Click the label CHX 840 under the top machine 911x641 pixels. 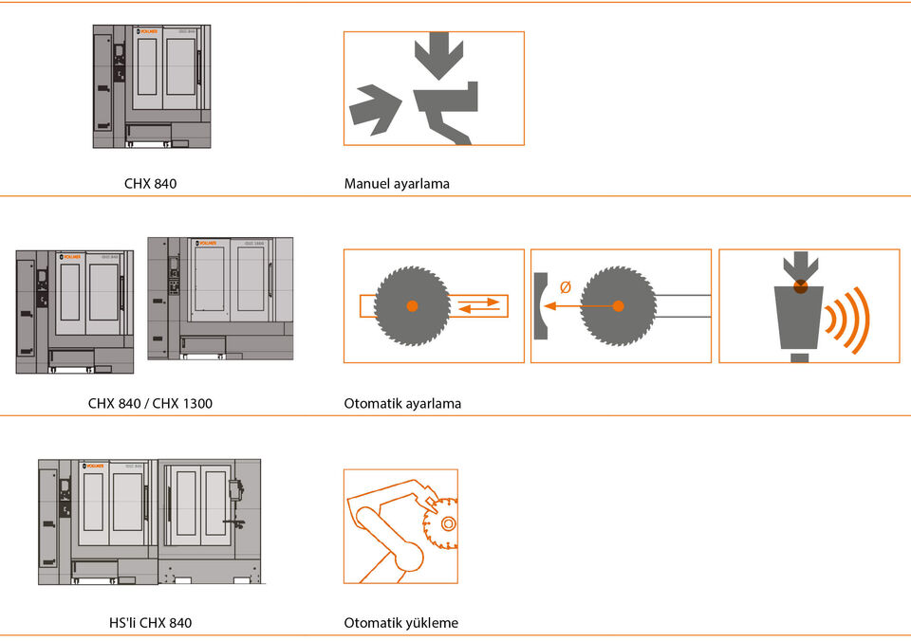point(150,183)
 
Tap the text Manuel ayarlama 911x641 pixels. point(397,183)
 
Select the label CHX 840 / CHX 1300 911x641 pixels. point(150,403)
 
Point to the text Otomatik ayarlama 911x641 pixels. point(402,403)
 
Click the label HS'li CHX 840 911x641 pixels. point(150,623)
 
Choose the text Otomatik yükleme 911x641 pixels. point(400,623)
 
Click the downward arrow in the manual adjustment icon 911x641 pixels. point(438,55)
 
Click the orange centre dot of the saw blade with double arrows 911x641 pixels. point(412,305)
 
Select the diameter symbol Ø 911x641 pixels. point(566,287)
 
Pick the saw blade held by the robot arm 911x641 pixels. point(441,522)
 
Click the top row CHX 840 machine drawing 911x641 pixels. point(152,86)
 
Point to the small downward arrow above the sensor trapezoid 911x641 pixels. point(801,265)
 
